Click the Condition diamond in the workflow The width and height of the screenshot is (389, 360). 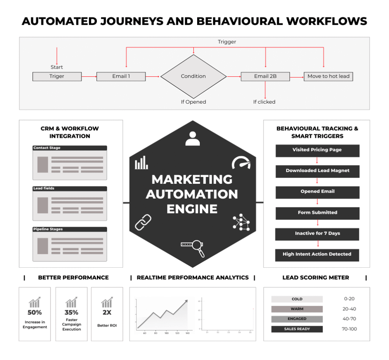[x=193, y=76]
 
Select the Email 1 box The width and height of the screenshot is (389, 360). [x=121, y=76]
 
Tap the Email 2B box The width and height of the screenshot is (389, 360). [x=265, y=76]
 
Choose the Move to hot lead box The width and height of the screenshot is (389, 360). [x=328, y=76]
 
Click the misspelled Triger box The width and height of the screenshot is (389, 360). [x=57, y=76]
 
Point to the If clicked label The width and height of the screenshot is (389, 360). [x=264, y=102]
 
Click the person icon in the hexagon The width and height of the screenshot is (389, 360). [x=193, y=139]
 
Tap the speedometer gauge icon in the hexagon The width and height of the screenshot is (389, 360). [x=241, y=163]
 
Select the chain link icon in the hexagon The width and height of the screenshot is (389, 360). [x=143, y=223]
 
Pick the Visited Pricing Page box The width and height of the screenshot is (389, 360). [x=317, y=150]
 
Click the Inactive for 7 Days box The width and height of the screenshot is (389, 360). [x=317, y=234]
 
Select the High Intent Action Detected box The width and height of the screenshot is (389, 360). [x=317, y=254]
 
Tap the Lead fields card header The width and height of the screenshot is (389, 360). [x=70, y=189]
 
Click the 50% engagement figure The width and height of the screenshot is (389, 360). [x=35, y=313]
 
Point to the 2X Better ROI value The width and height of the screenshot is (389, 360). [x=106, y=313]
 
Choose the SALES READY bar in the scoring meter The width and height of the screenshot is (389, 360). [x=297, y=329]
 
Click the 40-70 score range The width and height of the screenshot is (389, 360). [x=349, y=319]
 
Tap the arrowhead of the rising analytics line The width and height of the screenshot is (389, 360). [x=186, y=302]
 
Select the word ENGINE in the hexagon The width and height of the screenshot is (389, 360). [x=192, y=209]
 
